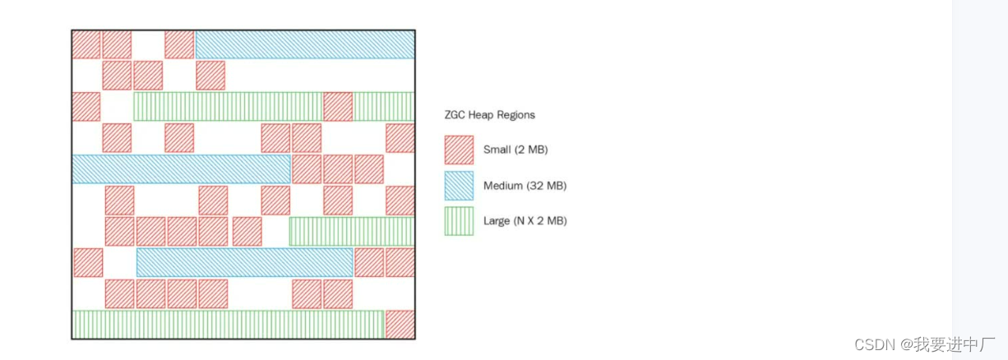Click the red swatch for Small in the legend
tap(459, 150)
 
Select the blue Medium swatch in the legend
tap(459, 186)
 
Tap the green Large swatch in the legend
tap(459, 221)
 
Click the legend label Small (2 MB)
tap(516, 150)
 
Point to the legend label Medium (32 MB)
tap(525, 186)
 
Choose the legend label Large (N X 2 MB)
tap(525, 221)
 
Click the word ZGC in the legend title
tap(455, 116)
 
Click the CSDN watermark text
tap(874, 344)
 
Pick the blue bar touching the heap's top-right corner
tap(304, 44)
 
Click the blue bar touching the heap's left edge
tap(181, 168)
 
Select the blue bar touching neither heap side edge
tap(244, 262)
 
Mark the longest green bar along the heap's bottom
tap(228, 324)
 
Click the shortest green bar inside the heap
tap(383, 107)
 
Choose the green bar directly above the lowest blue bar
tap(351, 231)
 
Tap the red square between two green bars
tap(338, 107)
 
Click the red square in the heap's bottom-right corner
tap(400, 324)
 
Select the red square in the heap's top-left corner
tap(86, 44)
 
